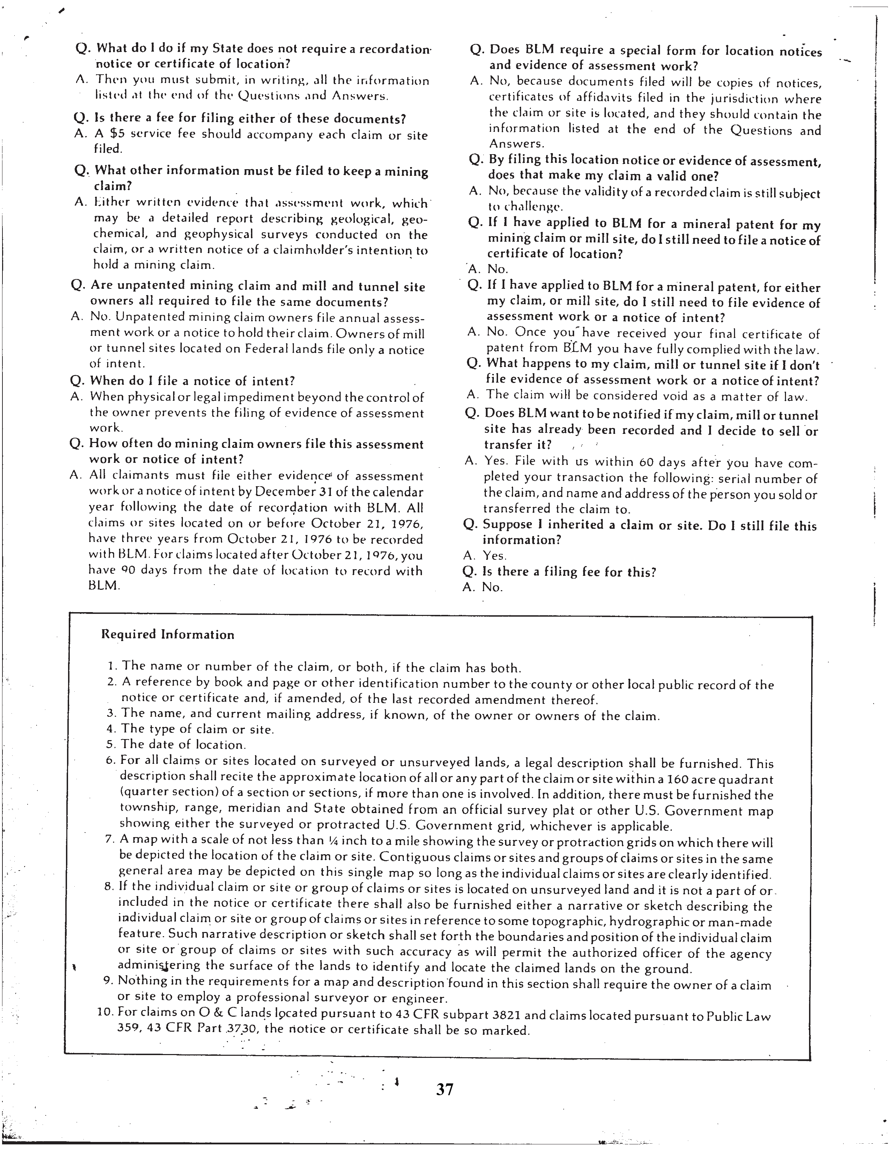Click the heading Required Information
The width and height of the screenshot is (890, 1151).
[x=168, y=634]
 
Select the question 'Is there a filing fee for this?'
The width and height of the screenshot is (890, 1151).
[x=570, y=572]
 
